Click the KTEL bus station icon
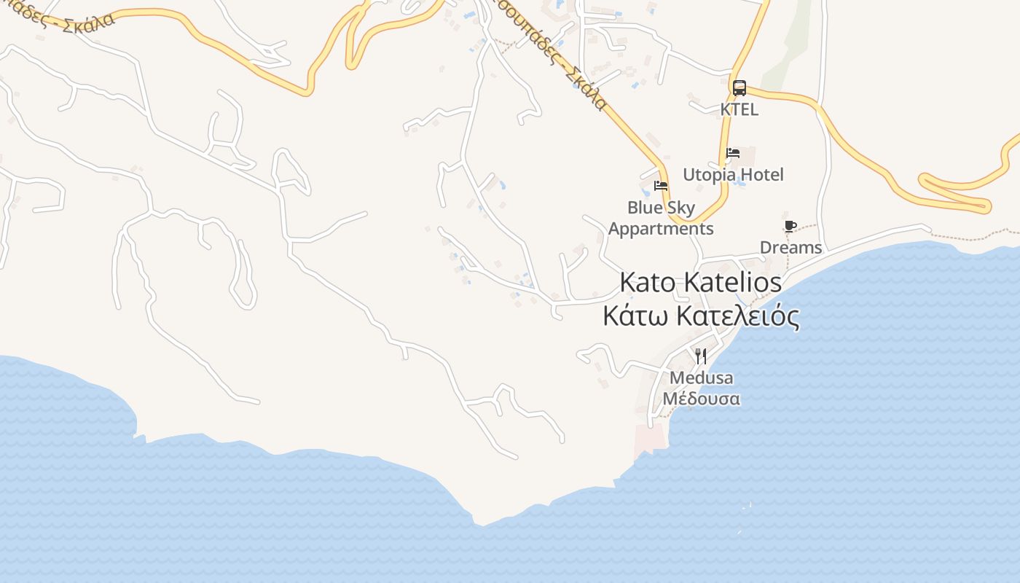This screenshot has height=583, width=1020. tap(739, 88)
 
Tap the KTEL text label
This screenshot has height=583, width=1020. tap(739, 109)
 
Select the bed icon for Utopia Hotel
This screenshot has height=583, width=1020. tap(733, 153)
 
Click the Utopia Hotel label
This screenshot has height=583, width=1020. tap(733, 175)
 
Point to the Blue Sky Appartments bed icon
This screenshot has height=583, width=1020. tap(661, 185)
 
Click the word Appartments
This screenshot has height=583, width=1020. tap(661, 229)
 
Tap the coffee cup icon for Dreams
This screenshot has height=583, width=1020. tap(790, 226)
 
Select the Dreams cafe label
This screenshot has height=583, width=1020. tap(790, 248)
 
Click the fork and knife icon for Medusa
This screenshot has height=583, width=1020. tap(701, 356)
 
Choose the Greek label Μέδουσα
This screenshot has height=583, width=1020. tap(701, 399)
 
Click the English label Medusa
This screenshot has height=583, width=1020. tap(701, 378)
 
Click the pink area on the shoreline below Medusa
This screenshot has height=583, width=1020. tap(651, 438)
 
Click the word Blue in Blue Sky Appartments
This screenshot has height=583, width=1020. tap(644, 208)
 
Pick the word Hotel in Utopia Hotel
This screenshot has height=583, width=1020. tap(761, 175)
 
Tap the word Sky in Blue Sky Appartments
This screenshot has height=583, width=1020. tap(680, 208)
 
